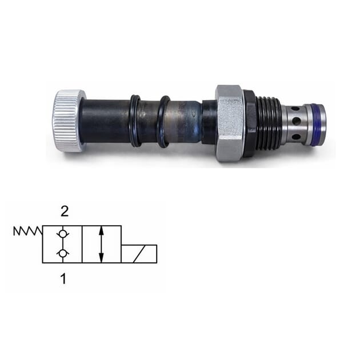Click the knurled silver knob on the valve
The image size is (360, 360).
pyautogui.click(x=69, y=121)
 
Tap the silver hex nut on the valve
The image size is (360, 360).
pyautogui.click(x=230, y=123)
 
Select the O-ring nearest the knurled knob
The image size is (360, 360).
pyautogui.click(x=135, y=121)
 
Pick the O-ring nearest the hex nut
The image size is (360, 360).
pyautogui.click(x=163, y=121)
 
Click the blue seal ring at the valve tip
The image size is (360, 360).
pyautogui.click(x=320, y=123)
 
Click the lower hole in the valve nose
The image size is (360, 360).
pyautogui.click(x=295, y=136)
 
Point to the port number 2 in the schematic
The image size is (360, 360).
pyautogui.click(x=65, y=212)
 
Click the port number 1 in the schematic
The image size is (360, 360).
pyautogui.click(x=63, y=279)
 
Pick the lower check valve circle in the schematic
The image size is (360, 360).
pyautogui.click(x=62, y=254)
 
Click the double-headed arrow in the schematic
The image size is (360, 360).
pyautogui.click(x=101, y=244)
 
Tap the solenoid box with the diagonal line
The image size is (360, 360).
pyautogui.click(x=138, y=254)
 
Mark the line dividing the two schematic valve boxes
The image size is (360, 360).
pyautogui.click(x=82, y=244)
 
